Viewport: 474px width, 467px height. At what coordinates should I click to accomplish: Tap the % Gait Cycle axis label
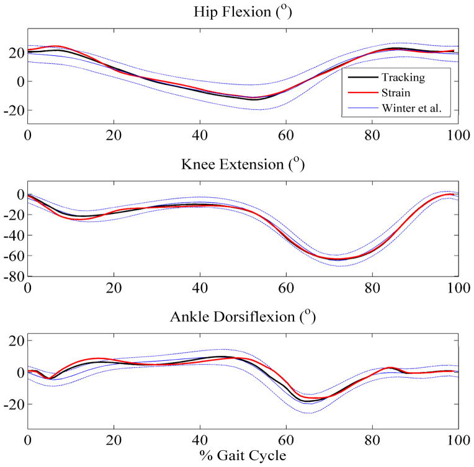[x=243, y=455]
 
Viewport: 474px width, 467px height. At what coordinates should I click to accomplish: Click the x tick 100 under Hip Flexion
[x=458, y=133]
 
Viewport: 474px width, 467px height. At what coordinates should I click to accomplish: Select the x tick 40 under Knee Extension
[x=200, y=288]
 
